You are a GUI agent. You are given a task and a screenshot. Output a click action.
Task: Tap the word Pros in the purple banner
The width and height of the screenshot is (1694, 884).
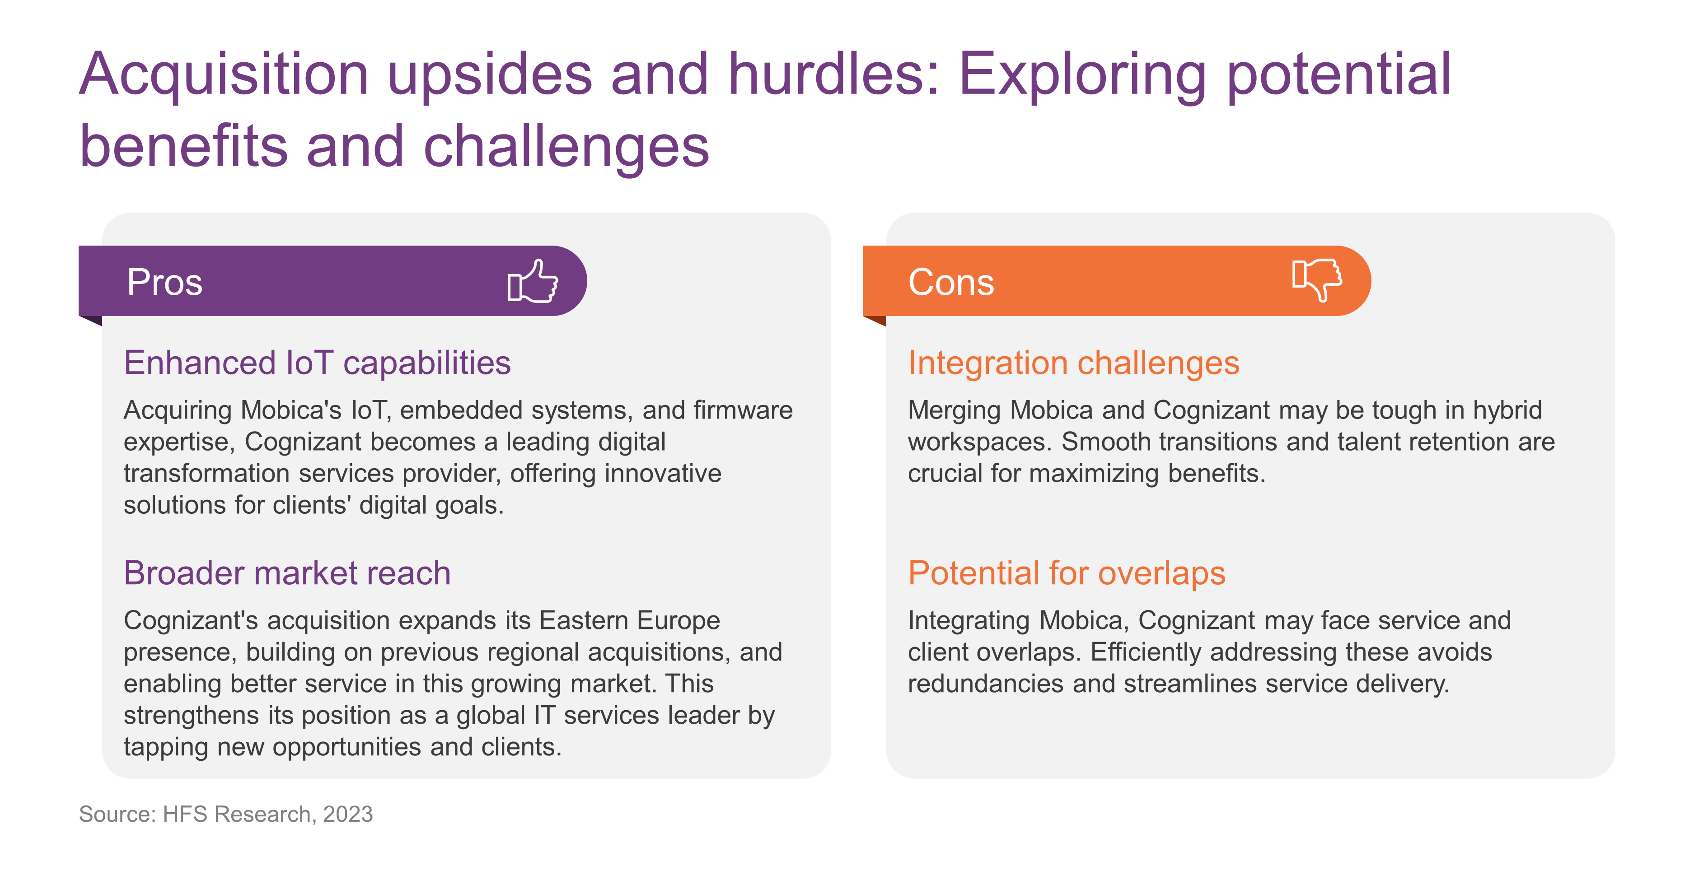coord(164,282)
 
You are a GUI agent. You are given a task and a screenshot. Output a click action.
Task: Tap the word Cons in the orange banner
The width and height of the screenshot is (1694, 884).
coord(951,282)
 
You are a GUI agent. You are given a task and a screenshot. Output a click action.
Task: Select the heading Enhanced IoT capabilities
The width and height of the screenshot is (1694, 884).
coord(317,363)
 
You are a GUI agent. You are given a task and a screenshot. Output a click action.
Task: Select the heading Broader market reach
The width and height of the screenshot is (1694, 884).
coord(287,572)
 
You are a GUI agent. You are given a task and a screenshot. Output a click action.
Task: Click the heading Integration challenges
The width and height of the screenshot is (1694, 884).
coord(1074,363)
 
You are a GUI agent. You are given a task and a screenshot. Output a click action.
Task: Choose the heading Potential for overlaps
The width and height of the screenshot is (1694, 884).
coord(1067,572)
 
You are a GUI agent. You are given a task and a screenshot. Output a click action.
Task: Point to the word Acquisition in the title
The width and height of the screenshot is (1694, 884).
coord(224,74)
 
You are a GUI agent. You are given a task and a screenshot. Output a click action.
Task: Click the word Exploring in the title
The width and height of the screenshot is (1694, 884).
coord(1082,74)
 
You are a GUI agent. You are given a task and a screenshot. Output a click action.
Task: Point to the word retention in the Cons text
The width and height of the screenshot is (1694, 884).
coord(1455,442)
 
